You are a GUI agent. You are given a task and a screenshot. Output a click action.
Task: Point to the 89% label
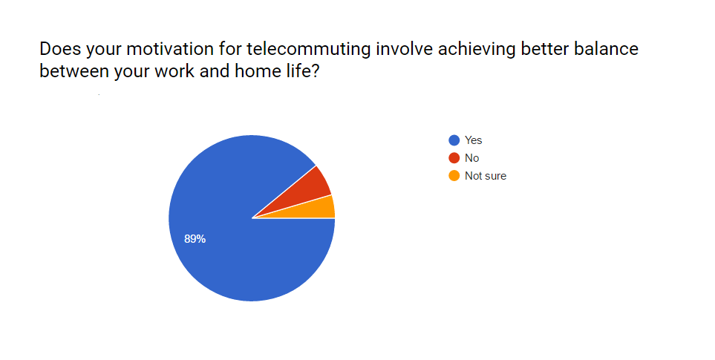(195, 239)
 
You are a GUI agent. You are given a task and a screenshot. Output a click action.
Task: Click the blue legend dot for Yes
(454, 140)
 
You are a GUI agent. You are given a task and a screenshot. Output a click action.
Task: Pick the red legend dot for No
(454, 158)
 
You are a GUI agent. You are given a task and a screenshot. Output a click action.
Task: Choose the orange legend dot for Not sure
(454, 176)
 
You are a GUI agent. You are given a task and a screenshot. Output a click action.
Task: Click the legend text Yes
(473, 140)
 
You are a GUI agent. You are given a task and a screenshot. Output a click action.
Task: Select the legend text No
(472, 158)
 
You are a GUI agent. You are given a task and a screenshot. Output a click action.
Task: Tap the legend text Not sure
(486, 176)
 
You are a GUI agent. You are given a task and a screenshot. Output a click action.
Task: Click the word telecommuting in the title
(309, 49)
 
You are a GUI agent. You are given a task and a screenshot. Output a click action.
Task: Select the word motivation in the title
(170, 49)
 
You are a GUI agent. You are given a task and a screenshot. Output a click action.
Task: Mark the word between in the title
(74, 71)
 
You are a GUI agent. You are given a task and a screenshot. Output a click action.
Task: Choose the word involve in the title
(405, 49)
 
